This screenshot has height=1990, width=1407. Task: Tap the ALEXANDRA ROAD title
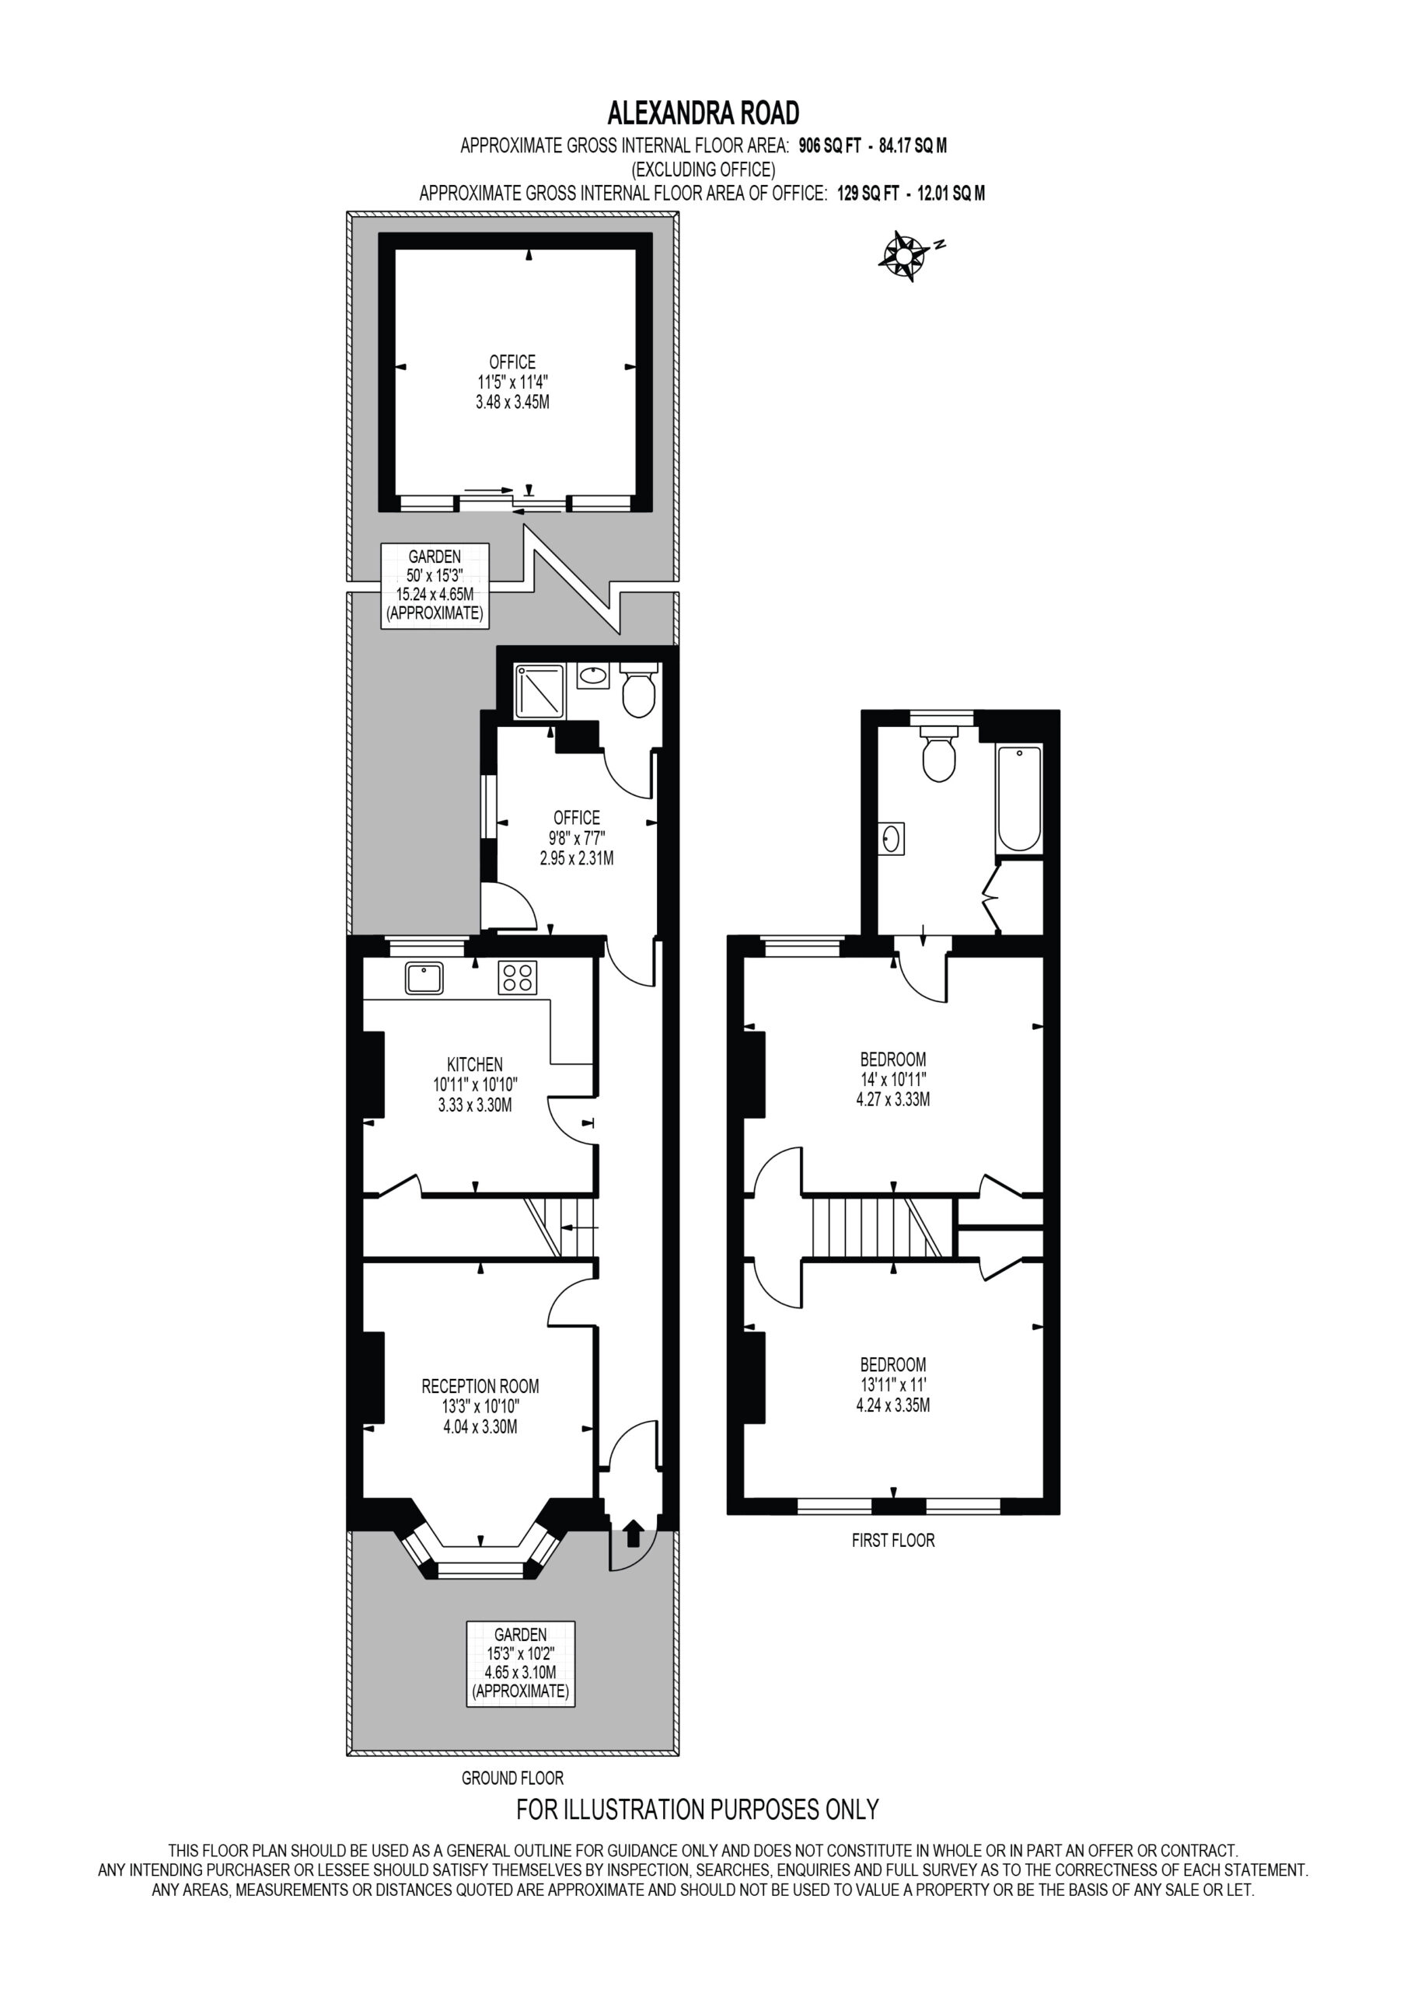[x=703, y=113]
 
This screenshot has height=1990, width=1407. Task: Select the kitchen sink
[x=424, y=978]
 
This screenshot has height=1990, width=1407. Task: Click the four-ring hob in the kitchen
[x=518, y=978]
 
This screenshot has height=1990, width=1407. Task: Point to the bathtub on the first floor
[x=1018, y=798]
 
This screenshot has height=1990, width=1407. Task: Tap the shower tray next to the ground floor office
[x=539, y=692]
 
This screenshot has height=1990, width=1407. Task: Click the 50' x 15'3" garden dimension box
[x=435, y=586]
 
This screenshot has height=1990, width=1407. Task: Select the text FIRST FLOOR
[x=893, y=1541]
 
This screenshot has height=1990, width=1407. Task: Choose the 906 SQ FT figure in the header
[x=829, y=145]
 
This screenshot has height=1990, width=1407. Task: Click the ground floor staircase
[x=560, y=1227]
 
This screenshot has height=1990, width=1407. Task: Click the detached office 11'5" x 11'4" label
[x=512, y=382]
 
